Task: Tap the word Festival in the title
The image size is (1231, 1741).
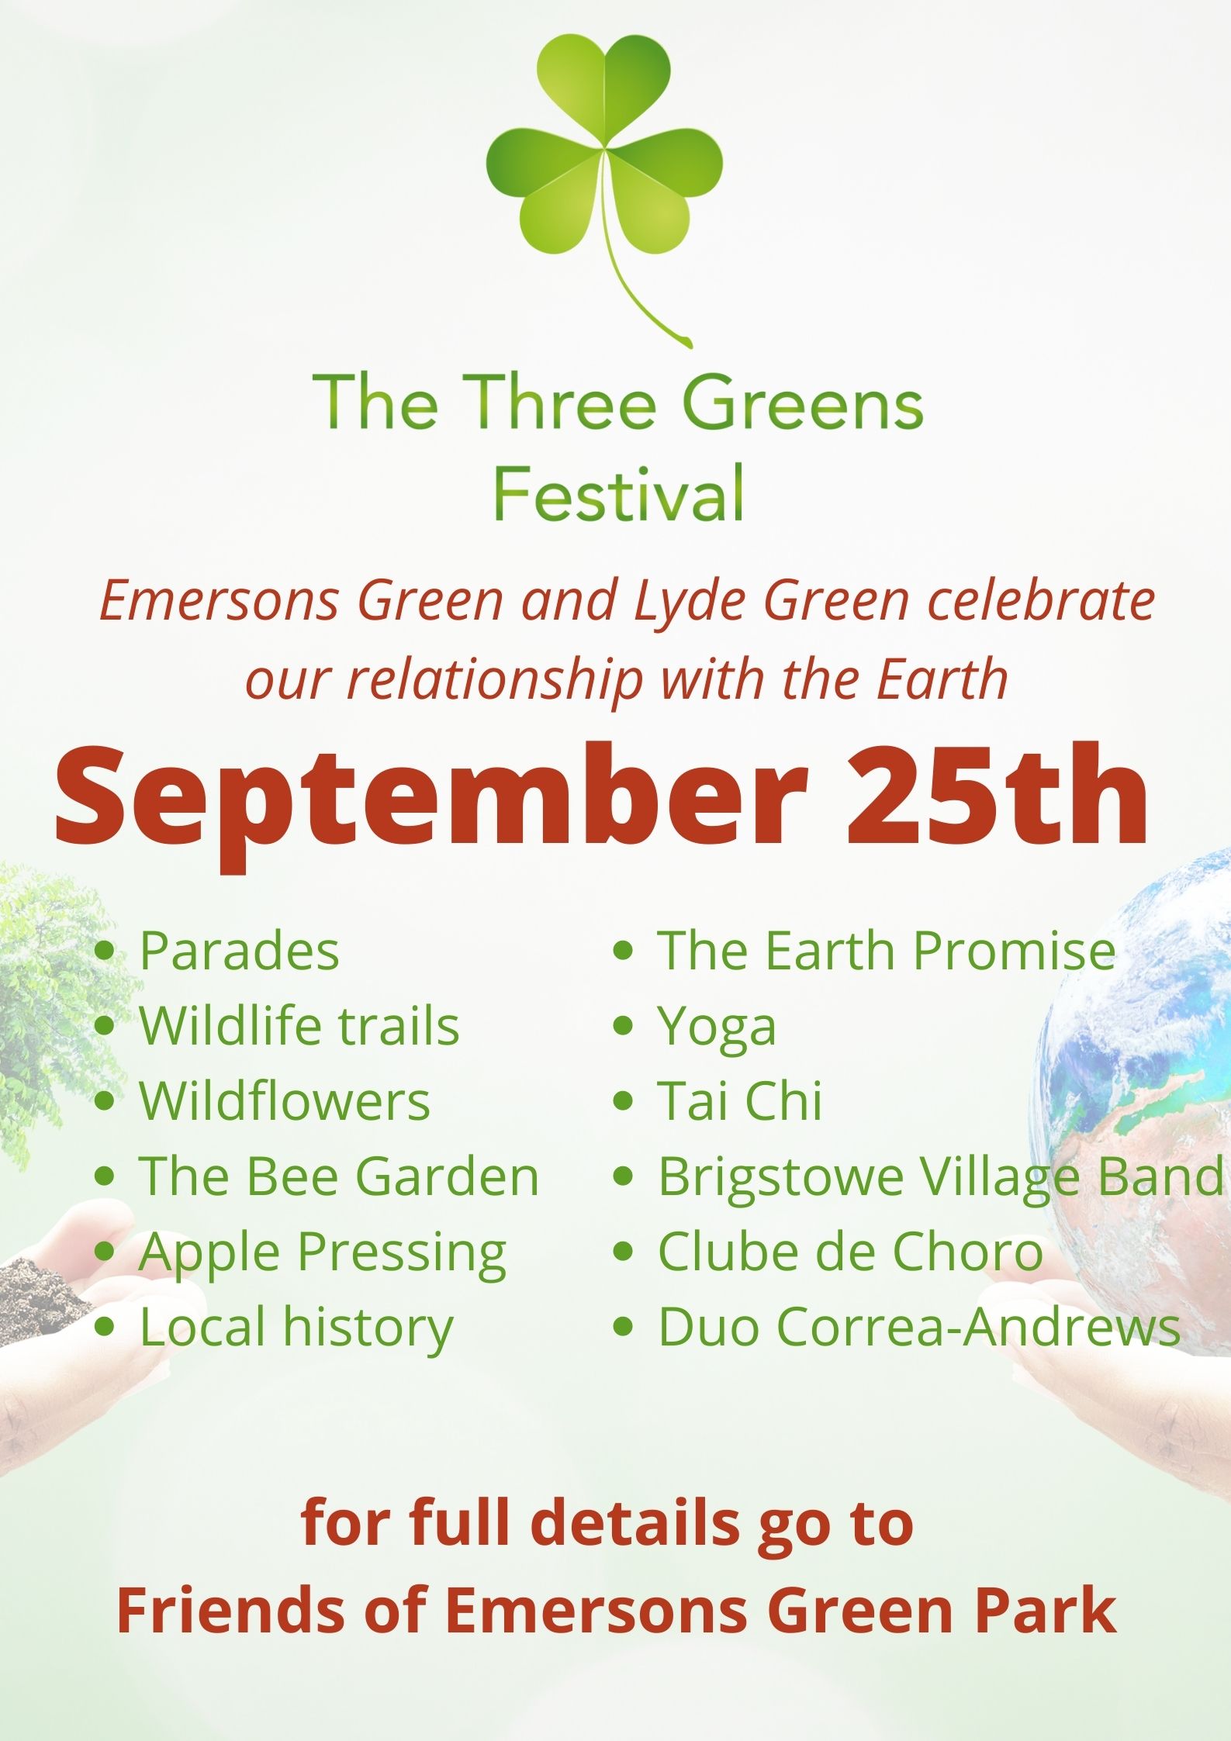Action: coord(619,493)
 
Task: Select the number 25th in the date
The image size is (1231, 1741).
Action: coord(997,796)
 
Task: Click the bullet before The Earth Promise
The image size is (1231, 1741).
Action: coord(624,952)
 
